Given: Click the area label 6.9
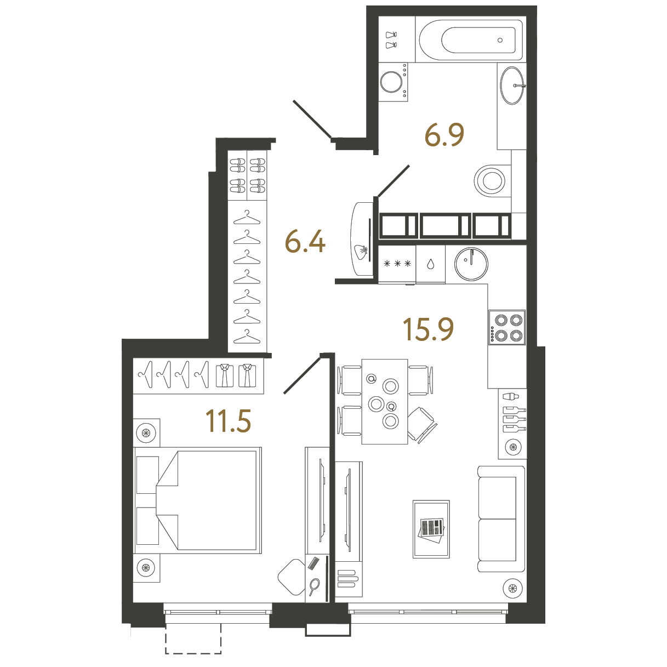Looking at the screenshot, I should tap(444, 135).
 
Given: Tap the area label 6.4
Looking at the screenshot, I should tap(305, 242).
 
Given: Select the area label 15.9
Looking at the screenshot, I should tap(428, 329).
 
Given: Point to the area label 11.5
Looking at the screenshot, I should tap(228, 421).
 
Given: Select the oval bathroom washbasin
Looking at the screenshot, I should tap(512, 85).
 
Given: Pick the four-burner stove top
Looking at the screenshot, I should tap(507, 328).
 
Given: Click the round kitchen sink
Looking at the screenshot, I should tap(471, 264).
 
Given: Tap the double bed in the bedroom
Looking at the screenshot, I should tap(197, 500).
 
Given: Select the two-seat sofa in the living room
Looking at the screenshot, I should tap(500, 518).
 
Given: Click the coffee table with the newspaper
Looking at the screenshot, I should tap(431, 529).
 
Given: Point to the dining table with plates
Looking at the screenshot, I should tap(384, 401).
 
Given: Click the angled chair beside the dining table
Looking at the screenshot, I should tap(421, 424).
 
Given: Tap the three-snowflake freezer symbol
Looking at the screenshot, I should tap(397, 264).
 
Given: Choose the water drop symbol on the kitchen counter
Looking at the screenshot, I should tap(430, 264).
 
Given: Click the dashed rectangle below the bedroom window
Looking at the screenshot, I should tap(193, 639).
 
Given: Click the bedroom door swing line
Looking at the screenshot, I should tap(302, 375).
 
